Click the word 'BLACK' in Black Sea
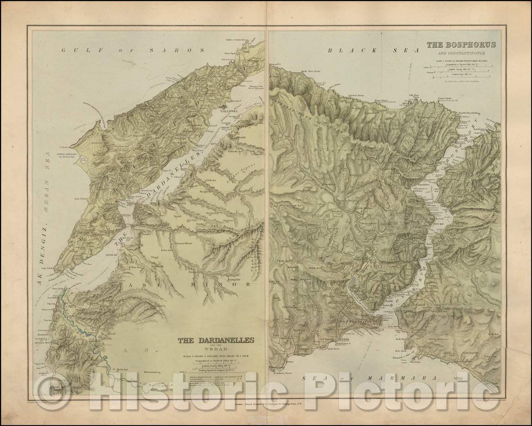coord(347,50)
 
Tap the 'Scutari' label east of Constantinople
coord(408,311)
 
